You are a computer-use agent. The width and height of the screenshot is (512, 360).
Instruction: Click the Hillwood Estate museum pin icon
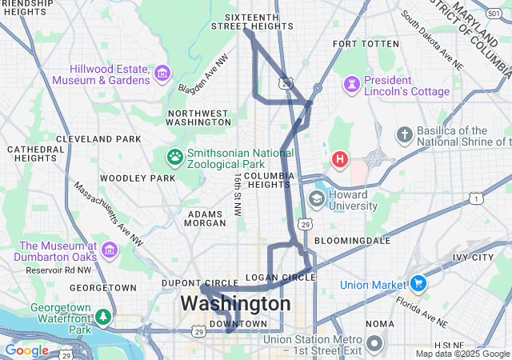coord(162,74)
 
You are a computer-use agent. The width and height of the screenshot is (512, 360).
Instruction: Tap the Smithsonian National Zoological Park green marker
coord(174,154)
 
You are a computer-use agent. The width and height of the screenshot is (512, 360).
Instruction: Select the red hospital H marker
coord(341,159)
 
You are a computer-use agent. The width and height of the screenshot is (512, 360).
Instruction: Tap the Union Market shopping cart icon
coord(418,284)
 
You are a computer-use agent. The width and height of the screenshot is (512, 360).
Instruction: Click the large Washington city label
coord(235,304)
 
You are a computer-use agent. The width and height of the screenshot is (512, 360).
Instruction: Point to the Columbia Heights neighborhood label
coord(269,180)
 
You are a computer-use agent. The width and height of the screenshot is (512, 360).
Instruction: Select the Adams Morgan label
coord(206,219)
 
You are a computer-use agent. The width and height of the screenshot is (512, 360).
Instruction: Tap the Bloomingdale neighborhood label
coord(352,240)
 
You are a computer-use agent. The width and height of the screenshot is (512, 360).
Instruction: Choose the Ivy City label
coord(472,258)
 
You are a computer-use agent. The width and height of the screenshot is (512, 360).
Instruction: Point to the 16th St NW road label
coord(238,194)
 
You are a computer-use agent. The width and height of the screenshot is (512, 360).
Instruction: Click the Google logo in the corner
coord(26,350)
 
